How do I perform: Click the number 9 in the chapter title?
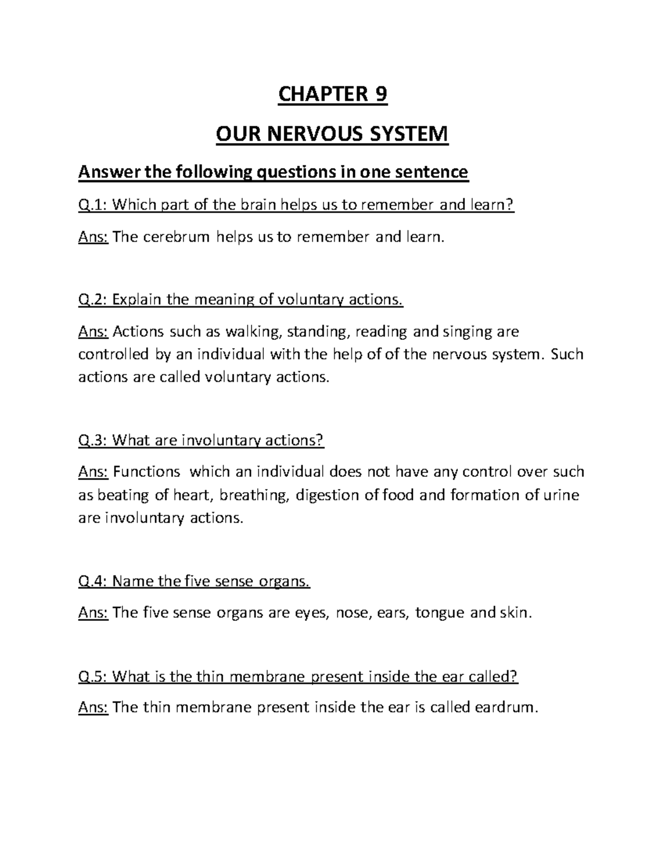tap(380, 95)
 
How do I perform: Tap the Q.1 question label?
tap(93, 205)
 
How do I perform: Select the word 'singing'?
tap(464, 332)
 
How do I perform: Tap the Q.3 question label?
tap(93, 440)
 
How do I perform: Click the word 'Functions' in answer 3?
tap(147, 472)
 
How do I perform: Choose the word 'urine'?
tap(561, 495)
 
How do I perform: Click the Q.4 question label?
tap(93, 582)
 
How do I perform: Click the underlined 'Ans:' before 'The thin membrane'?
tap(93, 708)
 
